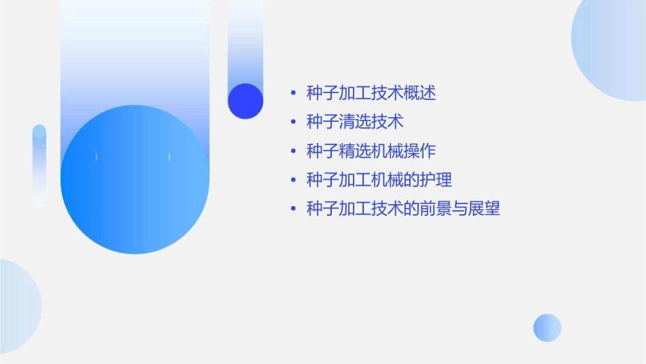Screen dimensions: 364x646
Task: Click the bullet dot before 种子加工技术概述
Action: click(x=292, y=93)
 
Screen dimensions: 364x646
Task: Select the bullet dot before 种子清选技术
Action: click(x=292, y=122)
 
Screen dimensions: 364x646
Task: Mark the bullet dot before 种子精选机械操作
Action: click(x=292, y=151)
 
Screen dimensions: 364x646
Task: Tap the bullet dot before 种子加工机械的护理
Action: click(x=292, y=180)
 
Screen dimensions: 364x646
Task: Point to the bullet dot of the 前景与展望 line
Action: click(x=292, y=210)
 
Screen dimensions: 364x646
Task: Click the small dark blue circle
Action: click(x=245, y=101)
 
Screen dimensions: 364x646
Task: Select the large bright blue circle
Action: click(x=135, y=180)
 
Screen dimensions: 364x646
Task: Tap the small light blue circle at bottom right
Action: click(x=547, y=327)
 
